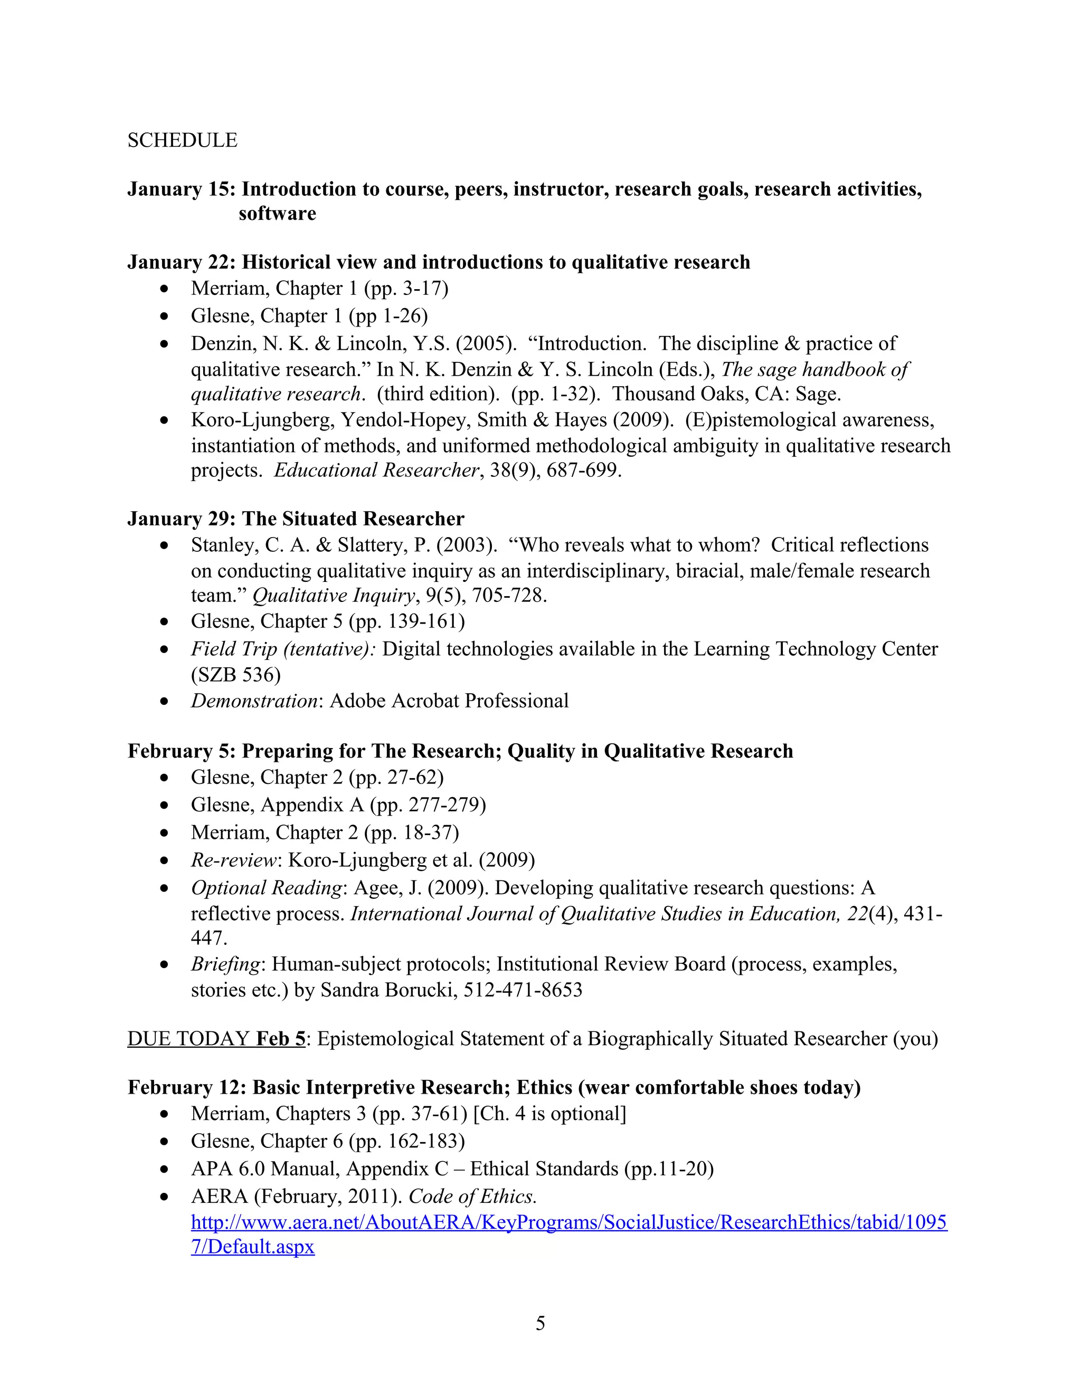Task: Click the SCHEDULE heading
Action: click(x=182, y=140)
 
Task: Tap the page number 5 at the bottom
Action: click(x=540, y=1323)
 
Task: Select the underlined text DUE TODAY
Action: click(x=188, y=1038)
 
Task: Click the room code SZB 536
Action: click(x=235, y=674)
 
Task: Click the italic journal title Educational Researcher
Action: click(x=376, y=470)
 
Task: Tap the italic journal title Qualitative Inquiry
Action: click(x=334, y=595)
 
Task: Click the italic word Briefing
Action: click(x=225, y=964)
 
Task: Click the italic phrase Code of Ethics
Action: click(x=472, y=1196)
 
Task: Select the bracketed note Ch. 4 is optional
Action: click(x=549, y=1113)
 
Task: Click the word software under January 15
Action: click(x=277, y=213)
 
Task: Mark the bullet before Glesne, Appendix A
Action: click(x=165, y=805)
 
